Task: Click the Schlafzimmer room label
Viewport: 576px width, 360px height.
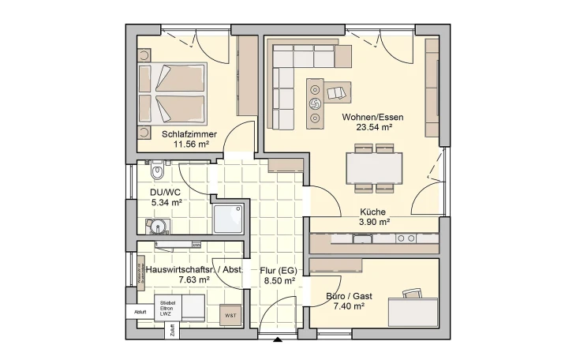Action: [185, 134]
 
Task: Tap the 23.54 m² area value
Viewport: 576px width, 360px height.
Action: [367, 126]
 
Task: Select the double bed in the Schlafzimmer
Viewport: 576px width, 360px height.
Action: [173, 92]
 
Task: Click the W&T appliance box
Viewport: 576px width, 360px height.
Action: [230, 315]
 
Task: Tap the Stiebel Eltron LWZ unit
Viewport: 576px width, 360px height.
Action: [166, 309]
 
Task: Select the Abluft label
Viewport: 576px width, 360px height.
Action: [140, 312]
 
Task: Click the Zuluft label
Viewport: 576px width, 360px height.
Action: [171, 331]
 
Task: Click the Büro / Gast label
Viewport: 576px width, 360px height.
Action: [349, 297]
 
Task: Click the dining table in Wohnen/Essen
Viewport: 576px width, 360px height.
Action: [374, 167]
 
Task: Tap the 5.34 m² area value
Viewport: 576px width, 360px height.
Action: [166, 202]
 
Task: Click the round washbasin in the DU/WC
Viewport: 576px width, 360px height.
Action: [159, 227]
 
